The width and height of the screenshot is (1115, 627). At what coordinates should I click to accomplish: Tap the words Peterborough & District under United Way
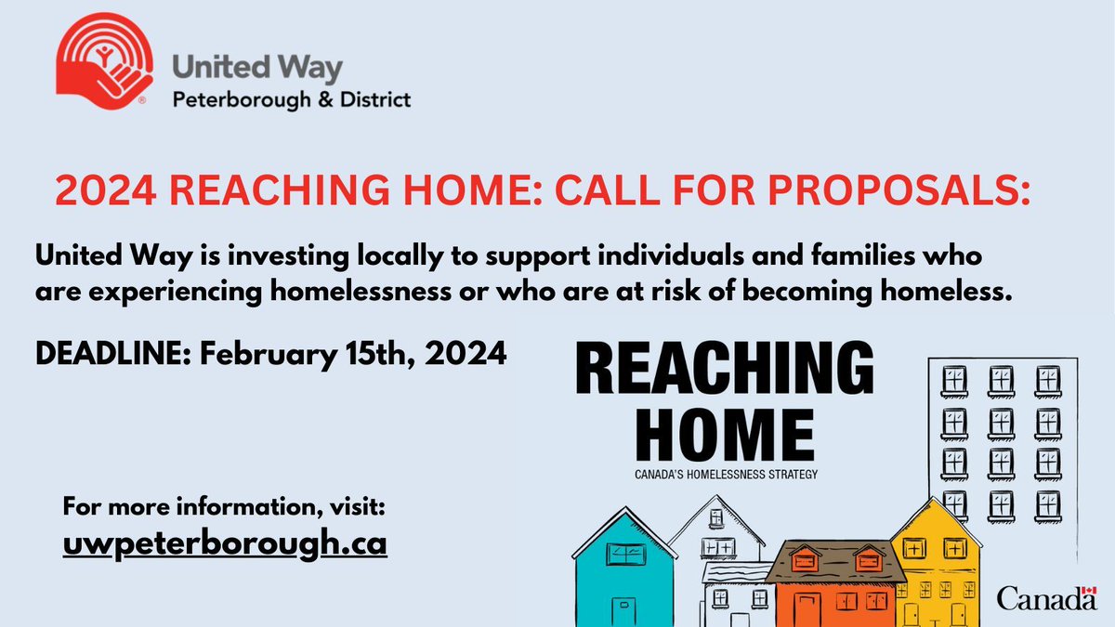pos(293,98)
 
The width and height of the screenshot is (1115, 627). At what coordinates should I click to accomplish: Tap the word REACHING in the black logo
pos(726,372)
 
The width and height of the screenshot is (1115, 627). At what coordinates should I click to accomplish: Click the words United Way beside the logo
pos(258,70)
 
